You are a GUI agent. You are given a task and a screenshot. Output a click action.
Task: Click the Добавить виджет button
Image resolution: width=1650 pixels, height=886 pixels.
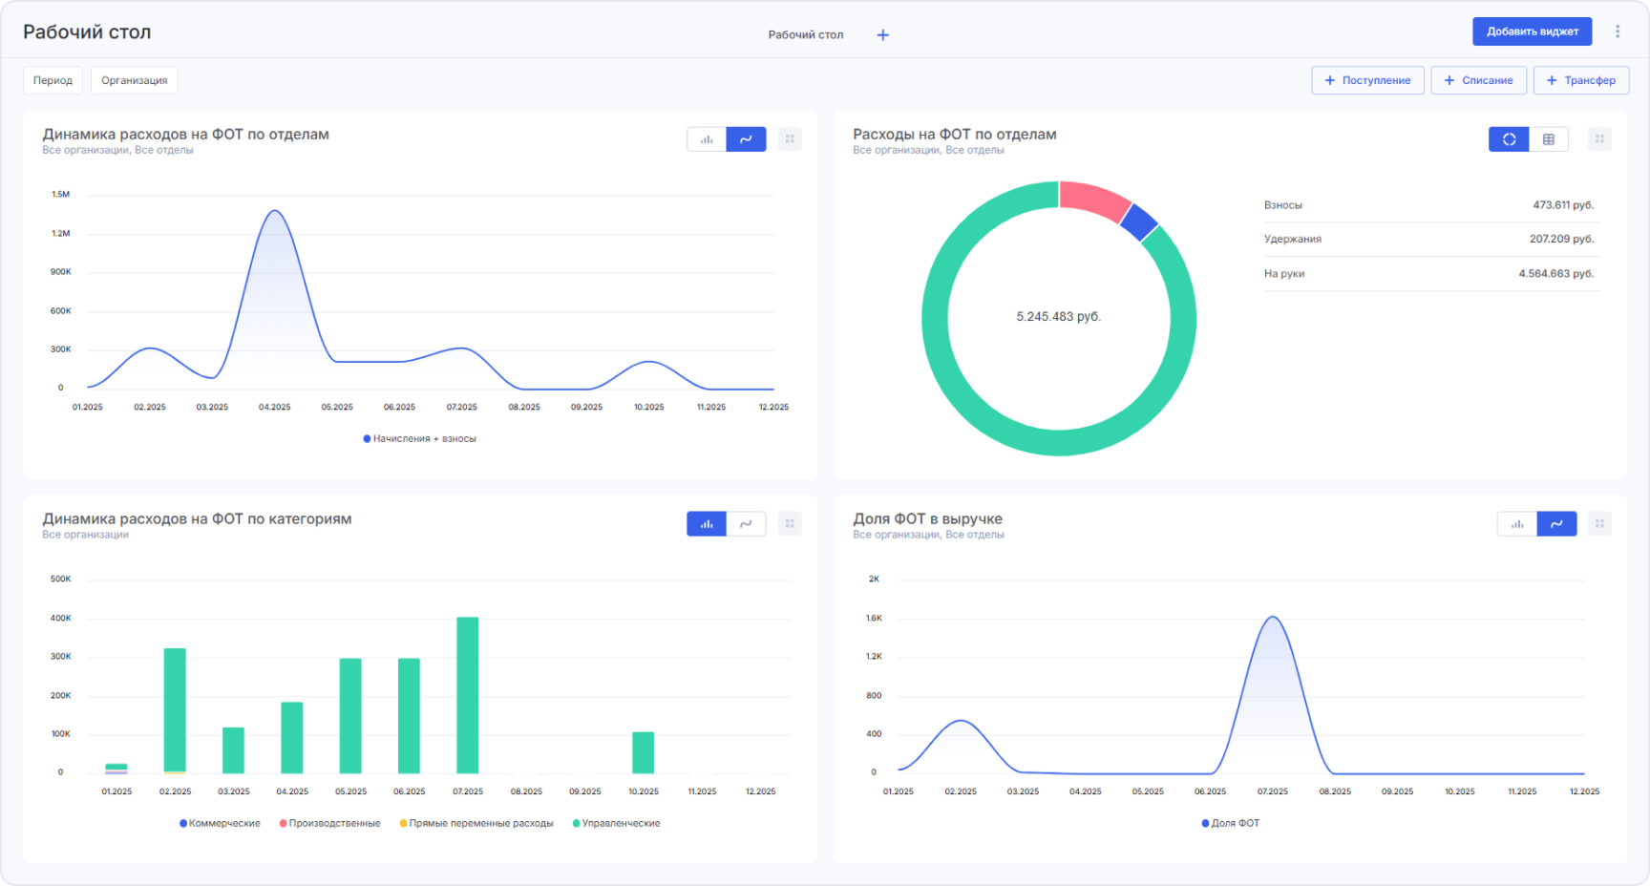[1532, 32]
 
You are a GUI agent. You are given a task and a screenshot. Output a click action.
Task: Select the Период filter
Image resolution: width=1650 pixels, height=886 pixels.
[53, 80]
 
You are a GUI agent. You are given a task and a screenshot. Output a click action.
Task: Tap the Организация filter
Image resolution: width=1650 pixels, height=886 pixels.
[134, 80]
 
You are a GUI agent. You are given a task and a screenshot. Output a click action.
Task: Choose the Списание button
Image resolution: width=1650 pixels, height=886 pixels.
[1478, 80]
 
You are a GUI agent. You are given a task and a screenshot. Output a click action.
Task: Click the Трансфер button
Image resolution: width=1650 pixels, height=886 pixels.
[1580, 80]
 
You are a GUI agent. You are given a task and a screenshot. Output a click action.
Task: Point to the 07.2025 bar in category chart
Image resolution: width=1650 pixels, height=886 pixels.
[467, 695]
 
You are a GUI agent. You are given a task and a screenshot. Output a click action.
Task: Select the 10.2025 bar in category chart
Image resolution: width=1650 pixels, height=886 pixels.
[643, 752]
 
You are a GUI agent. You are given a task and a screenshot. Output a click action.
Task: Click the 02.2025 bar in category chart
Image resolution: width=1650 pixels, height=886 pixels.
[175, 710]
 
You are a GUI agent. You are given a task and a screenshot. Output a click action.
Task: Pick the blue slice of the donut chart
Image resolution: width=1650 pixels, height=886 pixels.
[1138, 221]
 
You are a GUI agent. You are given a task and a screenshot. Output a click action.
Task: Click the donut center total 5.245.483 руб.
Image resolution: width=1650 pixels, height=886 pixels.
[1058, 317]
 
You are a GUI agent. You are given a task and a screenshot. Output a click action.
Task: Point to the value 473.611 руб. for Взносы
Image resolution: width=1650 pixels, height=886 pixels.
[1563, 205]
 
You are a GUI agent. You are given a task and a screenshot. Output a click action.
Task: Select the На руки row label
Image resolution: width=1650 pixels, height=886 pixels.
[1284, 274]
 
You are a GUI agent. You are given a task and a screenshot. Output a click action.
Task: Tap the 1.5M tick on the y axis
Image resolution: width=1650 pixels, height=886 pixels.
[60, 195]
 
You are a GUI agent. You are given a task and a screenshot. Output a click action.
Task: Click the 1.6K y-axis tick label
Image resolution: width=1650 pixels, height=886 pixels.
[874, 619]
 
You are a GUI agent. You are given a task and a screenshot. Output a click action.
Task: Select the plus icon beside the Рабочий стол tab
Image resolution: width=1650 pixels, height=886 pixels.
[883, 35]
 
